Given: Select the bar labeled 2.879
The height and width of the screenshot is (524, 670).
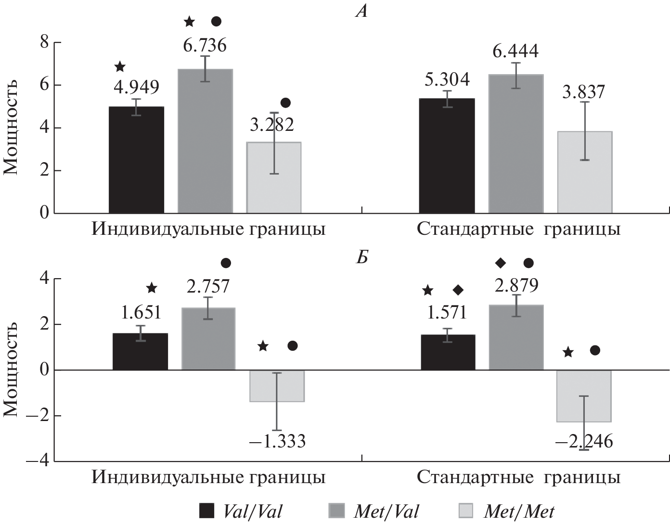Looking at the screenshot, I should click(516, 337).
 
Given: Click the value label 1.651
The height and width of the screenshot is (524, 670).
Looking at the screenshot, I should click(141, 313).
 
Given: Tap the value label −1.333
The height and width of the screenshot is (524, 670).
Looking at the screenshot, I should click(277, 441).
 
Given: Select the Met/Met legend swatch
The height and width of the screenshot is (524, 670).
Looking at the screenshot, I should click(467, 511).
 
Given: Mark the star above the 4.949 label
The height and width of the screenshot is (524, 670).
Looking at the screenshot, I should click(120, 66).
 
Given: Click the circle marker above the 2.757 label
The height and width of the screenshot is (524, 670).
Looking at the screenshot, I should click(226, 263).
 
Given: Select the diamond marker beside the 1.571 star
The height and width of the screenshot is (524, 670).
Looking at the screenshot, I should click(458, 290).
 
